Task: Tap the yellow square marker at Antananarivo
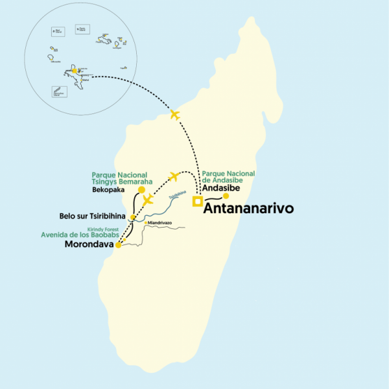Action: (x=197, y=202)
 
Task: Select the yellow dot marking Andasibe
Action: (x=226, y=196)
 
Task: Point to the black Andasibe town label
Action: (x=222, y=188)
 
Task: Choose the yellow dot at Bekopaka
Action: (x=142, y=190)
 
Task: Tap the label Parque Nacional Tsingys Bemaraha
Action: (x=119, y=178)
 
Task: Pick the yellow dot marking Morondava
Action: (x=118, y=245)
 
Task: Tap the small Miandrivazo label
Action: (x=160, y=223)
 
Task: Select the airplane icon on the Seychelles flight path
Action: (x=174, y=115)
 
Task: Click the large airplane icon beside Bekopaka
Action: (x=148, y=199)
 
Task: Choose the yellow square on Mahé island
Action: (x=75, y=71)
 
